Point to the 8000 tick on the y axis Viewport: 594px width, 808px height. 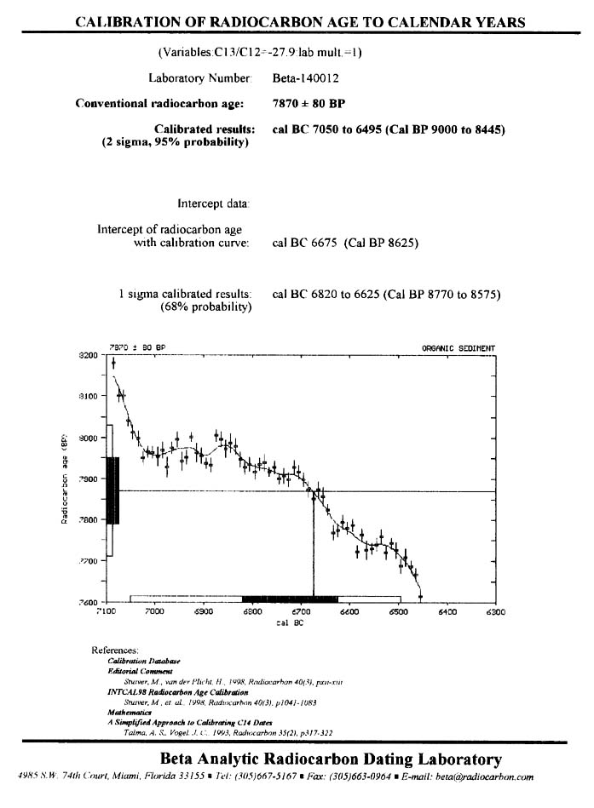tap(89, 438)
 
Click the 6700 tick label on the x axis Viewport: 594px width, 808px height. tap(301, 611)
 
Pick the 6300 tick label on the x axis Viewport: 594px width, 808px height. tap(495, 611)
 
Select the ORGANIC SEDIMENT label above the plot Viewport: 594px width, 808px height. tap(458, 347)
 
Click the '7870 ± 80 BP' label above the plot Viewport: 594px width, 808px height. tap(137, 347)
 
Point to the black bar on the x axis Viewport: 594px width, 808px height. tap(290, 599)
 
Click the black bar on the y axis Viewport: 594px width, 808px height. tap(112, 490)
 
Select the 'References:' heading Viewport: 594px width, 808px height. tap(115, 650)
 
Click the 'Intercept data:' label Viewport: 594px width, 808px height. tap(214, 203)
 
